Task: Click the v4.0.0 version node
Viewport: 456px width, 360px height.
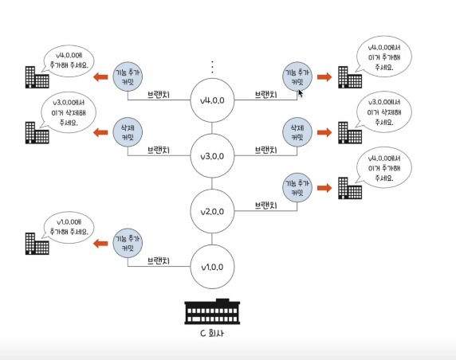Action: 212,100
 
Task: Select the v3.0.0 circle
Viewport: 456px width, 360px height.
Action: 212,156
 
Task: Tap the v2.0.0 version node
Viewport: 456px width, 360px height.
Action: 212,211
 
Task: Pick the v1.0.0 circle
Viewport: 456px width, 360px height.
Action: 212,267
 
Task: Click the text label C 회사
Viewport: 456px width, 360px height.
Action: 212,333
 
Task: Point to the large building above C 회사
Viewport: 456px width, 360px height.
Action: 212,311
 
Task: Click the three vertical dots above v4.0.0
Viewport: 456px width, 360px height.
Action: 212,67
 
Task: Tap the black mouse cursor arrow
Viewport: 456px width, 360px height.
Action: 301,93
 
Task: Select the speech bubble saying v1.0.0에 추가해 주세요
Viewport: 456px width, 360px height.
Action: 69,227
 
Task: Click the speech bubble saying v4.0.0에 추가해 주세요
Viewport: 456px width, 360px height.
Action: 69,61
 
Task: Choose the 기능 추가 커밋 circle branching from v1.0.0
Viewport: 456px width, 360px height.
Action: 128,243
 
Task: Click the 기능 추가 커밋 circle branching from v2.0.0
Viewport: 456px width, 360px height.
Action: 297,187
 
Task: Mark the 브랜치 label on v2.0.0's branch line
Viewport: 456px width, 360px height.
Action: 265,205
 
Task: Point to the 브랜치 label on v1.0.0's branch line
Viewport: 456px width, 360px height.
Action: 159,261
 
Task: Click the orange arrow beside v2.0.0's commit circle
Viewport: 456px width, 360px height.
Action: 324,188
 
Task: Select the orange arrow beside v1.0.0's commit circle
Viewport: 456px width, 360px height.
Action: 100,243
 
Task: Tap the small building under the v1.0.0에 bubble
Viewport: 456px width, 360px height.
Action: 37,244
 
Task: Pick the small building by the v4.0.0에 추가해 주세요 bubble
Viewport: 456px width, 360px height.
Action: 37,77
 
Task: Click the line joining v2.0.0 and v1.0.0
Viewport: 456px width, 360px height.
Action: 212,239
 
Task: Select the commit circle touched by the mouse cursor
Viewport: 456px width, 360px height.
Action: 297,76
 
